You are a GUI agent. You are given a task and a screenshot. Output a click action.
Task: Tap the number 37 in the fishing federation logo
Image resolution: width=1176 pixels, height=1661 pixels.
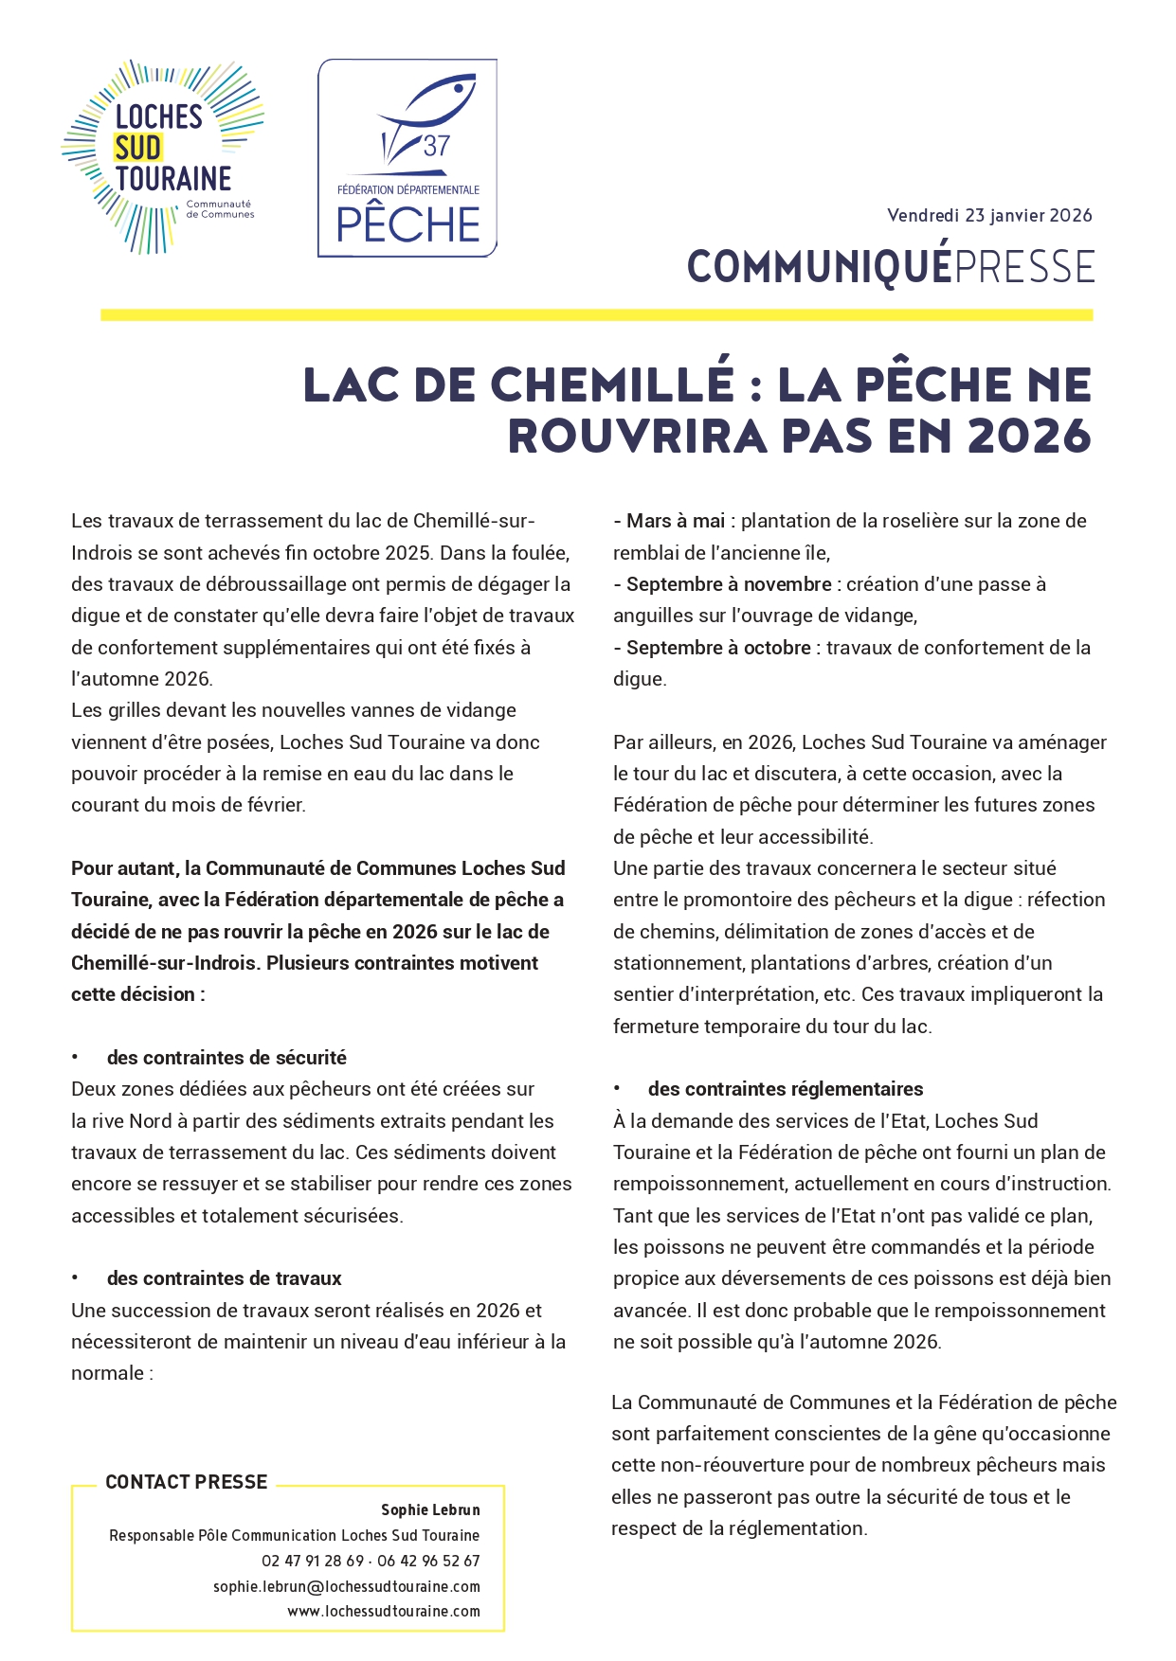pos(436,147)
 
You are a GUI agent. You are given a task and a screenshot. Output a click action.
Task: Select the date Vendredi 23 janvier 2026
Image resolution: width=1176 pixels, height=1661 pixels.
pos(989,216)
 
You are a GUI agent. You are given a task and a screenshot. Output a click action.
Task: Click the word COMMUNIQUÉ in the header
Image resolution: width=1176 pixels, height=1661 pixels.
pos(819,267)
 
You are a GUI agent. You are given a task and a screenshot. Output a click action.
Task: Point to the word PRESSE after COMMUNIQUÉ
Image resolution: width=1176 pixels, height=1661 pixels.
pos(1024,267)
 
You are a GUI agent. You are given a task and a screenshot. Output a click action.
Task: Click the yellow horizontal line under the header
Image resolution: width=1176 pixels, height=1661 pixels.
pos(596,315)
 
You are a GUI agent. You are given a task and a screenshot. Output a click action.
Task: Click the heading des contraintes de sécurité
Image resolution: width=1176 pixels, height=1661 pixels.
pos(226,1058)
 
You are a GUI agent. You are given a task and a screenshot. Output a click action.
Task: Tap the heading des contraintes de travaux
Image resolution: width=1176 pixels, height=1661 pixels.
pos(224,1278)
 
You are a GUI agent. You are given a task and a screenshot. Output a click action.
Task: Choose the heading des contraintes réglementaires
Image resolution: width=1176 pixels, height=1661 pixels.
pos(786,1089)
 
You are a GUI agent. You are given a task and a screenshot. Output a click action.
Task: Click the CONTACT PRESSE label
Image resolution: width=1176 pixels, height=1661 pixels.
pos(187,1482)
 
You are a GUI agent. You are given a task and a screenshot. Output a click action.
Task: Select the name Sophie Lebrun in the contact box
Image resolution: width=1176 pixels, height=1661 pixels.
pos(430,1509)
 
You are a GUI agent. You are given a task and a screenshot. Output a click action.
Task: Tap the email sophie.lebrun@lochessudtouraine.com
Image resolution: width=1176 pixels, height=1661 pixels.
pos(347,1586)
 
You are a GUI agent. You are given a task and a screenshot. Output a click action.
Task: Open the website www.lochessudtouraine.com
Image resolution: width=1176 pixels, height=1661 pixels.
pos(384,1611)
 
